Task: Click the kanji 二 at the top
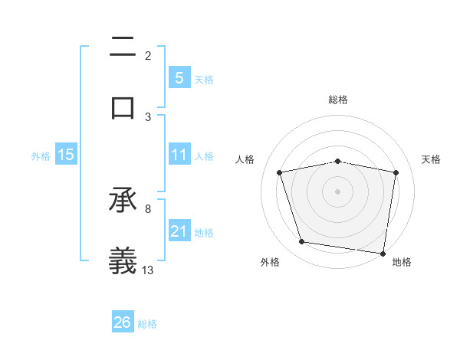123,48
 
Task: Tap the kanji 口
123,107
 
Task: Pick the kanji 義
123,260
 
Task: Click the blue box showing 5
179,78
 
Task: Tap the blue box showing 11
179,155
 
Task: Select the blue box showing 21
179,231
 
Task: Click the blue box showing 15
66,155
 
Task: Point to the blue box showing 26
123,322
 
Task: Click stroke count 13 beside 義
148,269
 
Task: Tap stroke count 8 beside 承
148,208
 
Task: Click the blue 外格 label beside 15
41,155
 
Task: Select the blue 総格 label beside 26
147,324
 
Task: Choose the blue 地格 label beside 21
204,232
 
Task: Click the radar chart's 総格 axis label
338,100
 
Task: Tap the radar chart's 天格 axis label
432,159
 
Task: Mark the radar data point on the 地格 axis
383,253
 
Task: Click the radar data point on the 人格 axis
280,172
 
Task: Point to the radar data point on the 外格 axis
302,242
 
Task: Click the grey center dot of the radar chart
338,191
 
